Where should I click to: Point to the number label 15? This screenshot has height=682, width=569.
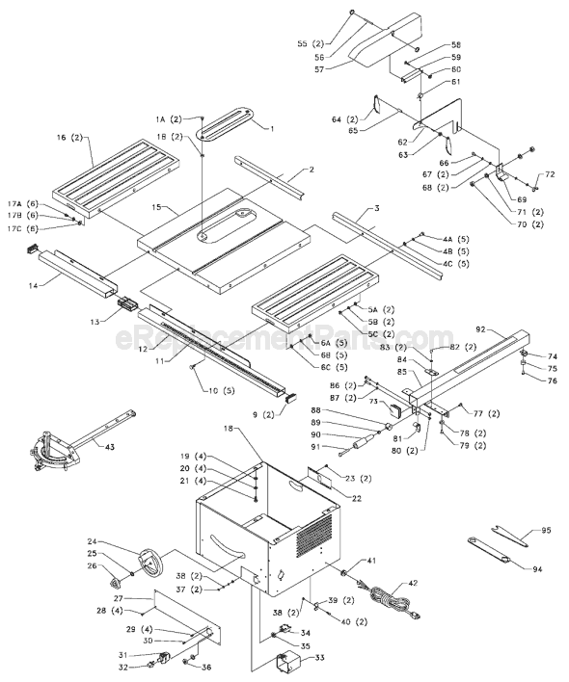coord(158,208)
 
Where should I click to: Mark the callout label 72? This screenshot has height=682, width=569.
coord(551,174)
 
